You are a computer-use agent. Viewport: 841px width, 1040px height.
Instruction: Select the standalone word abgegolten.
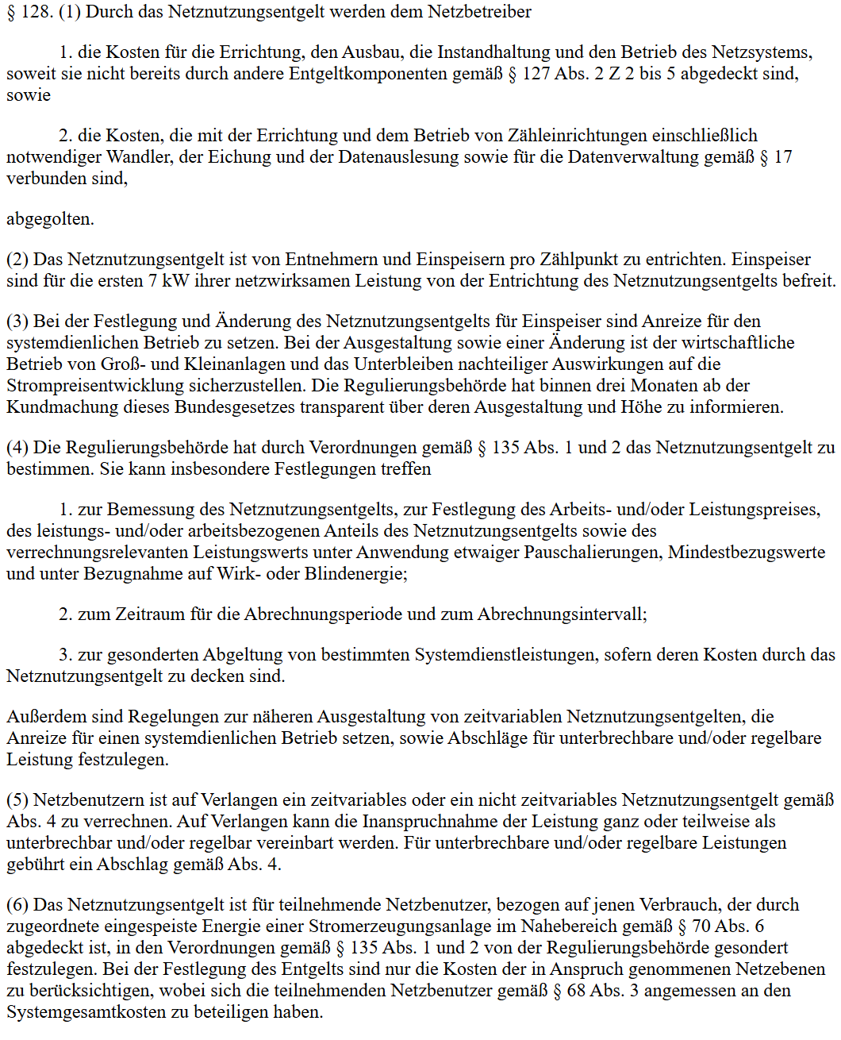50,219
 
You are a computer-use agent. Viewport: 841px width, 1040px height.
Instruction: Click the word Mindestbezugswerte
746,553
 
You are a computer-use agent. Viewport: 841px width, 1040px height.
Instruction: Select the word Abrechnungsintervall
562,614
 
